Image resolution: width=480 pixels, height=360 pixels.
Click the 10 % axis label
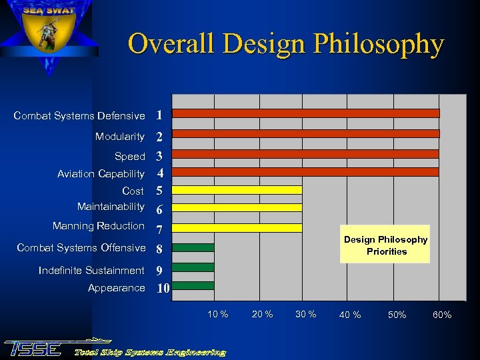click(x=218, y=314)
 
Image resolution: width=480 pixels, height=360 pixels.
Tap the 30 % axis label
click(x=305, y=314)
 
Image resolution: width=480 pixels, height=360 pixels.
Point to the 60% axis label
click(x=442, y=315)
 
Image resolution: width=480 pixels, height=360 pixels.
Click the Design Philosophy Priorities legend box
click(x=385, y=245)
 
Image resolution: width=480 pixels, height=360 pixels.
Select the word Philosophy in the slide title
click(x=378, y=45)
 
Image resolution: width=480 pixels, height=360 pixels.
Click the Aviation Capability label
click(x=101, y=174)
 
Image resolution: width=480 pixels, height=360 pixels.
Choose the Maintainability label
click(x=111, y=207)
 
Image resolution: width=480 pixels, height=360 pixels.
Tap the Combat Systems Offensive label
click(x=81, y=248)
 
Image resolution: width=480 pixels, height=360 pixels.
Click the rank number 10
click(x=162, y=289)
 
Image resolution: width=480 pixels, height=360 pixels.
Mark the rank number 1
click(x=159, y=115)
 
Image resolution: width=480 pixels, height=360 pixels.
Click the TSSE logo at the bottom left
click(x=33, y=348)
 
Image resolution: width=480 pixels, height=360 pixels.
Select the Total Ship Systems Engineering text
click(x=150, y=351)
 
